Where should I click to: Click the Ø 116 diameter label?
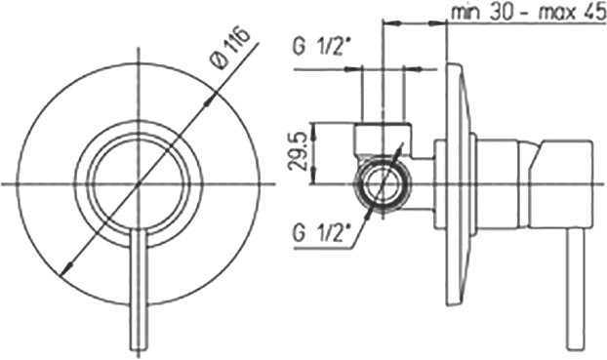click(230, 49)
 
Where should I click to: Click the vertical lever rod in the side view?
click(575, 290)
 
